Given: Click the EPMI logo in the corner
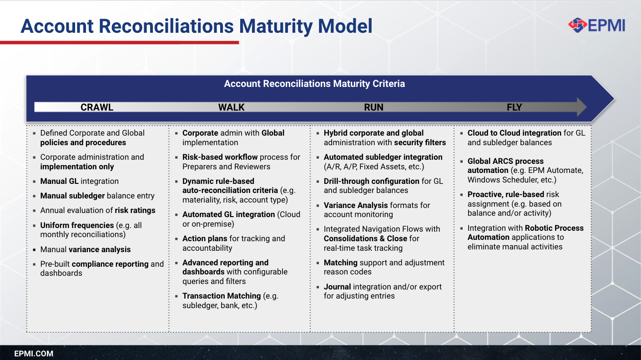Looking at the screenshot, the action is point(597,25).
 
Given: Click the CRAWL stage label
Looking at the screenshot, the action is point(97,107).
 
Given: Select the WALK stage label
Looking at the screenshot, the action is point(231,107).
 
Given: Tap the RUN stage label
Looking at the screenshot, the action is point(373,107).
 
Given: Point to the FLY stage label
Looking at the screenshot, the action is point(514,107).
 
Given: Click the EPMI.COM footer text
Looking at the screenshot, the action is point(34,354).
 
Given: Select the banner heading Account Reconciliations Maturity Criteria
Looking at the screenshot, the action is point(314,84).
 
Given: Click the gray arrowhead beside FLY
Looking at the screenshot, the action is point(581,107).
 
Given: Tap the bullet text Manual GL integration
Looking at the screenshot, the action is point(79,181).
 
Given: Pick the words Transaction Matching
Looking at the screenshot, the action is point(222,296).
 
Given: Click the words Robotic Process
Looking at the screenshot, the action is point(554,228).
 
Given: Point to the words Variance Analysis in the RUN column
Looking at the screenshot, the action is point(356,205).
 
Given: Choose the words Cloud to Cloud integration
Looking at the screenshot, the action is point(514,133).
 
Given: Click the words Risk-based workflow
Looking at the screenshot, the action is point(220,157).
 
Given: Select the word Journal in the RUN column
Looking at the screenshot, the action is point(337,287).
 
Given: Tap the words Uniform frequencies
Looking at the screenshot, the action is point(77,225).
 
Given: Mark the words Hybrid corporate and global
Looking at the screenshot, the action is point(373,133).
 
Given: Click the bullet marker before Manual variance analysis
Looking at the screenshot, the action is point(34,250).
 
